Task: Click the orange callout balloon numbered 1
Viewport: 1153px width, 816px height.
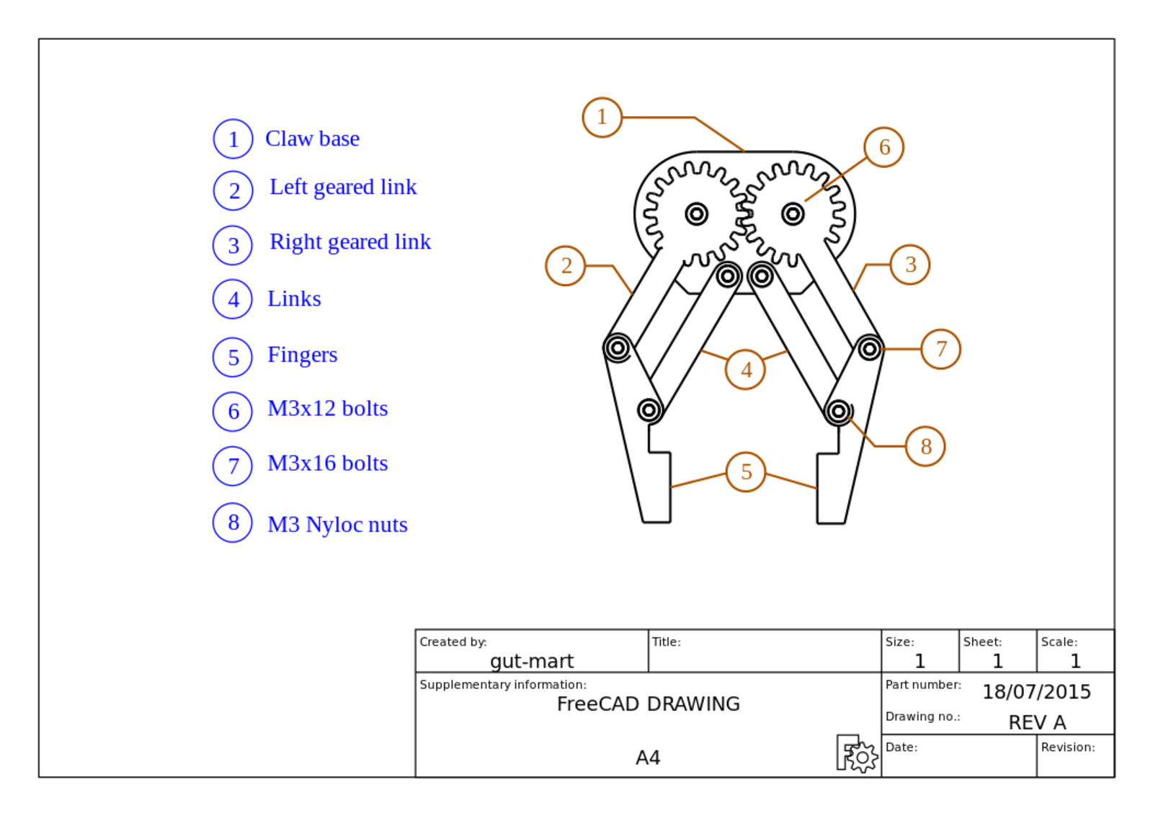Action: click(x=602, y=117)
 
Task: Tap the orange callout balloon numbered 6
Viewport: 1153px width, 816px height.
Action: click(x=884, y=147)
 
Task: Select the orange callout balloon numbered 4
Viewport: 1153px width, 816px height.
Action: click(x=746, y=370)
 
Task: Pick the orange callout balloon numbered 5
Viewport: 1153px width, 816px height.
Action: click(x=746, y=472)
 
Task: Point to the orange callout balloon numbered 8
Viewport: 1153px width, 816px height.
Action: click(x=925, y=446)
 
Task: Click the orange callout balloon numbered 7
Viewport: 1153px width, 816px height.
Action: click(x=941, y=349)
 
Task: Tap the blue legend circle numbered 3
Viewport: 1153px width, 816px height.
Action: click(x=233, y=245)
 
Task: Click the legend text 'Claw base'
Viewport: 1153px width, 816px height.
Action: click(x=312, y=138)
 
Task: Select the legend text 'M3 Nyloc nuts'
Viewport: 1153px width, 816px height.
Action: click(x=337, y=525)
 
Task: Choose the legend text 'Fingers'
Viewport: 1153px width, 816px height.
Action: click(x=302, y=355)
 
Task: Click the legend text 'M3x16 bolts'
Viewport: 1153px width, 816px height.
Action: click(x=327, y=464)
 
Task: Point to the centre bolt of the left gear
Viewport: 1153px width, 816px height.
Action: click(x=696, y=214)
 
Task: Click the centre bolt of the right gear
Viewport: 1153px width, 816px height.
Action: click(x=793, y=214)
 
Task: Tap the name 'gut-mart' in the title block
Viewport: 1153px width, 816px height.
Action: click(x=532, y=661)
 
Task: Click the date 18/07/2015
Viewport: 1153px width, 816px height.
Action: click(x=1036, y=692)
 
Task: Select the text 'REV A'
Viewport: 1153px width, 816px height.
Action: click(x=1036, y=722)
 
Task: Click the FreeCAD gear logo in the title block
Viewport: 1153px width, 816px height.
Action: click(x=857, y=754)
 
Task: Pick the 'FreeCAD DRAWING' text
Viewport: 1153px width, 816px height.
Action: click(x=648, y=704)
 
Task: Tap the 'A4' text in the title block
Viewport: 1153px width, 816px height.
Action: click(x=648, y=758)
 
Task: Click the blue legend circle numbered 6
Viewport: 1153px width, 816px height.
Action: click(x=233, y=412)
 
